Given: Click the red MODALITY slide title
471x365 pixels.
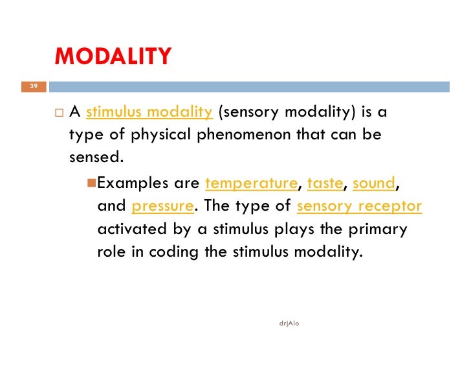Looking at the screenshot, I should click(x=113, y=56).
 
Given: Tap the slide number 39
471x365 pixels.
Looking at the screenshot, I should click(x=34, y=86).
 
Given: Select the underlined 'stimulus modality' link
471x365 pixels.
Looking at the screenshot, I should click(x=149, y=112).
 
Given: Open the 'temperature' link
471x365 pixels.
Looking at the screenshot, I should click(x=250, y=183).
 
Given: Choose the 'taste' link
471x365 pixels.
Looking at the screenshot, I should click(x=325, y=183).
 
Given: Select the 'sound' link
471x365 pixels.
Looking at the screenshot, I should click(x=374, y=183).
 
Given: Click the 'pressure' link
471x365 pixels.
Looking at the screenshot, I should click(x=162, y=207).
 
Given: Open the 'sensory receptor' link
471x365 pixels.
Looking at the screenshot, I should click(x=359, y=207).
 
